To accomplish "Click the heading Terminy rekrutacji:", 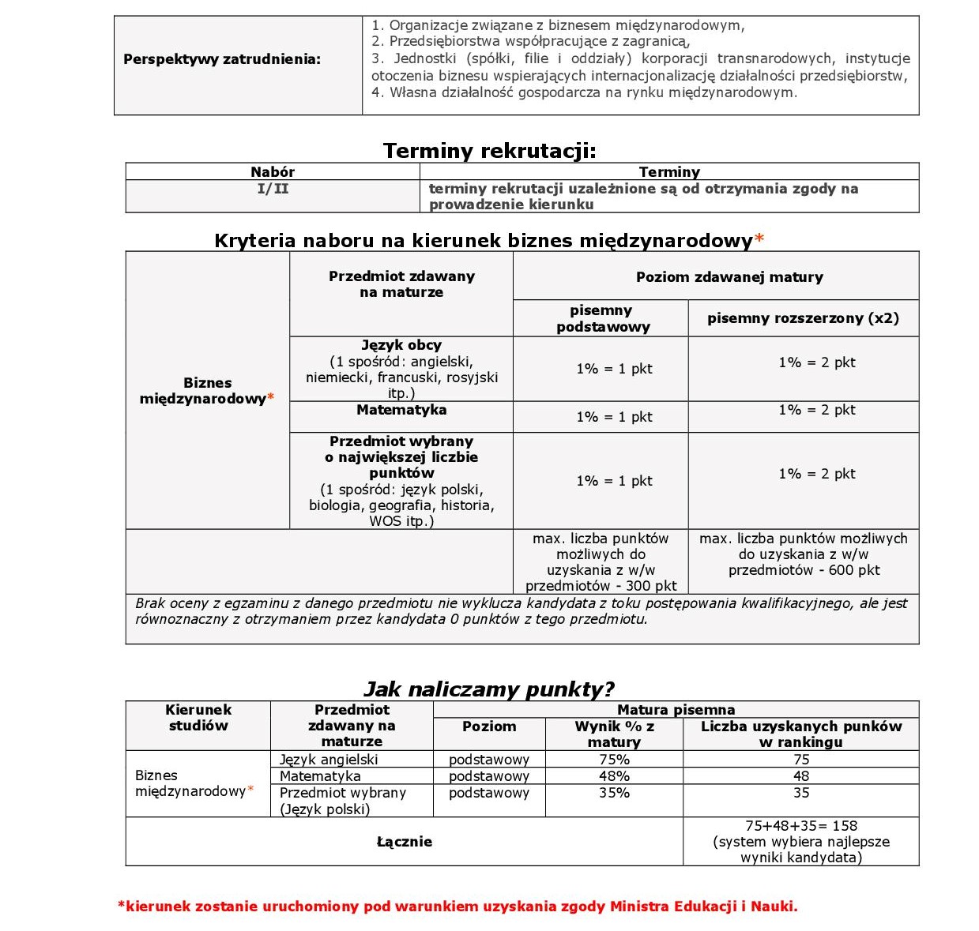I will [489, 151].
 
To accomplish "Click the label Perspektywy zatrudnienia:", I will [222, 59].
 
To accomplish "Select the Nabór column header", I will [273, 171].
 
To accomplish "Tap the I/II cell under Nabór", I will [273, 189].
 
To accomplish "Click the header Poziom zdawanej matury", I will [729, 276].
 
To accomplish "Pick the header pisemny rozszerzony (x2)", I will [803, 318].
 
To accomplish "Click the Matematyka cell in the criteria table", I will [401, 410].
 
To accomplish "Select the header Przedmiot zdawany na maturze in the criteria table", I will [401, 284].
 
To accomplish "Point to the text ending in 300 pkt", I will [601, 562].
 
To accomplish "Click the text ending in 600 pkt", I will [803, 554].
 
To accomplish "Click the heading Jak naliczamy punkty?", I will [488, 689].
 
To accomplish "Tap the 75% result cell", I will [614, 760].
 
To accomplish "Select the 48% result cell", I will [614, 776].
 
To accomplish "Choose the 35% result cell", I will [614, 793].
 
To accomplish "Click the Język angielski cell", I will [329, 760].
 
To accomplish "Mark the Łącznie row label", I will [404, 842].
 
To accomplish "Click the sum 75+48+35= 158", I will [800, 826].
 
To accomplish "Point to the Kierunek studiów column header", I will [198, 718].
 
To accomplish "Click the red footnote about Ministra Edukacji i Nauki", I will [457, 907].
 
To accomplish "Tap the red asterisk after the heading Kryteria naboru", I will [759, 238].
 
